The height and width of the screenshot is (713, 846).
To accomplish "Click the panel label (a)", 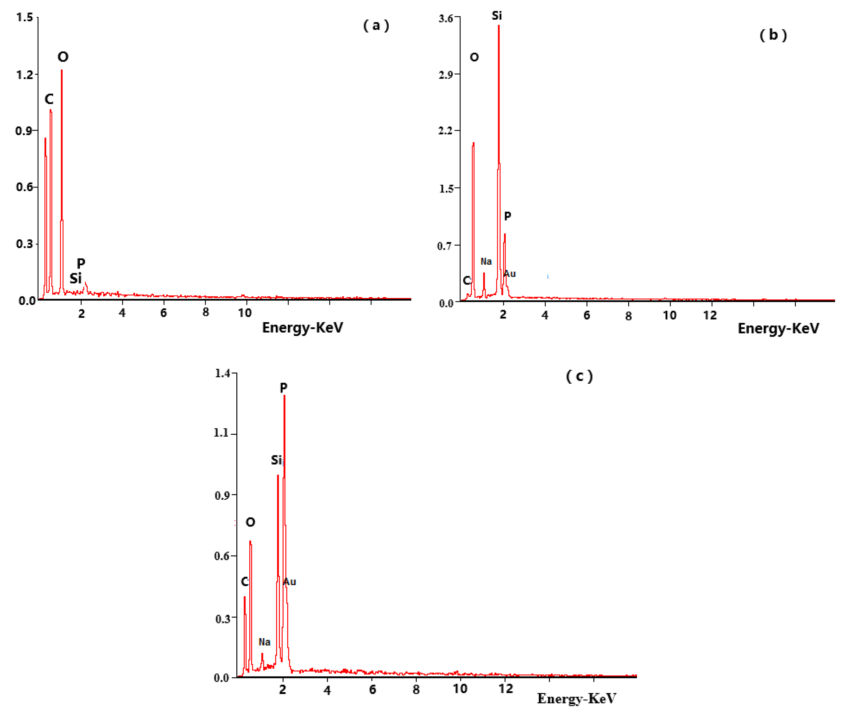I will point(376,26).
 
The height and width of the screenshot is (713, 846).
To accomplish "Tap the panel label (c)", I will point(579,376).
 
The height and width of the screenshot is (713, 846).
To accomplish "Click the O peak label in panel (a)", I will point(63,57).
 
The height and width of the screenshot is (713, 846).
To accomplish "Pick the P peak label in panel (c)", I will point(284,388).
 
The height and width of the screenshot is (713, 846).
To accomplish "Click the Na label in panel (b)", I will point(486,261).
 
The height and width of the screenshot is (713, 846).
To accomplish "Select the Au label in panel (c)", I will point(290,582).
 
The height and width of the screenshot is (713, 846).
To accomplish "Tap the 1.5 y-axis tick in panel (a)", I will point(25,17).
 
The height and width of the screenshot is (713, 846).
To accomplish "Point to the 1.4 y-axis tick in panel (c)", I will point(222,373).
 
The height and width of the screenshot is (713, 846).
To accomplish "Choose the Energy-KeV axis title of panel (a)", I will point(302,327).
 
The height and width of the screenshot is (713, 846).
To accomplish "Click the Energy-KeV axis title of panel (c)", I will point(577,698).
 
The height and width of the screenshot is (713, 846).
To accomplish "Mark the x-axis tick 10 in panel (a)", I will point(244,312).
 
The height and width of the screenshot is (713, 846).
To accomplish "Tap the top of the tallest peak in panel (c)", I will point(285,396).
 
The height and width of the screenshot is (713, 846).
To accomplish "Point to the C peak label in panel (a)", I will point(49,99).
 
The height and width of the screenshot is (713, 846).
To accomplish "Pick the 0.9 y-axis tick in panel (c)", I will point(222,496).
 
